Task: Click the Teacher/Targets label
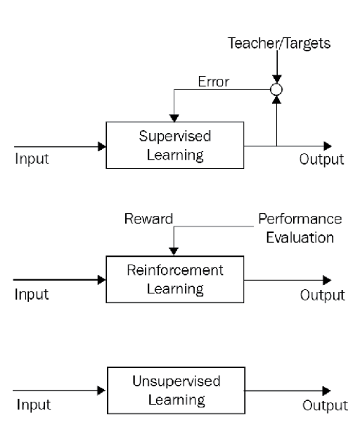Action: [279, 44]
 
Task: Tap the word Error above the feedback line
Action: [214, 82]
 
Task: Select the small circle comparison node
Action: [276, 90]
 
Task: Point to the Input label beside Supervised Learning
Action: [32, 159]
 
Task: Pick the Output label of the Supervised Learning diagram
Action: [321, 159]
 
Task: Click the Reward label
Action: [149, 219]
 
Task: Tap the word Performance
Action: [300, 219]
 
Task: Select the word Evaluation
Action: [300, 238]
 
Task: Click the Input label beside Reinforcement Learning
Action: [32, 294]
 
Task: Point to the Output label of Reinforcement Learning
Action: [323, 295]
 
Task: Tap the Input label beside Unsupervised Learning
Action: [34, 405]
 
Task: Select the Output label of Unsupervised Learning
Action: [326, 406]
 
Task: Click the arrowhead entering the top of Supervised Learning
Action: [174, 118]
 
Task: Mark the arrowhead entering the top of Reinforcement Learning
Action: [174, 251]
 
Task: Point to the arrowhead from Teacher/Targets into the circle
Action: [276, 79]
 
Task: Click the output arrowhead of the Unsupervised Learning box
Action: [327, 391]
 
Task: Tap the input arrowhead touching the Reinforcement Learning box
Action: [102, 280]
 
